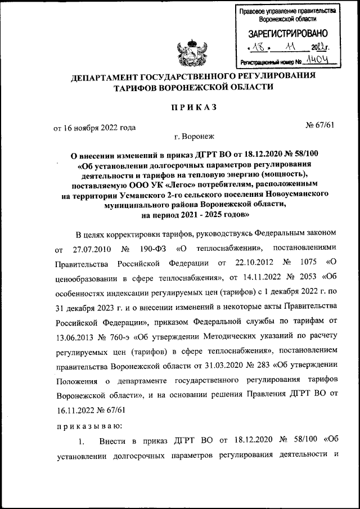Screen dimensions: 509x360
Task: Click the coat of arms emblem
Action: [191, 51]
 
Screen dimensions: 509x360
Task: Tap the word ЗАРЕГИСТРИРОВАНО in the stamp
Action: [287, 34]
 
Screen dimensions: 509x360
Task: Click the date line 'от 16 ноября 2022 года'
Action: [94, 128]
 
